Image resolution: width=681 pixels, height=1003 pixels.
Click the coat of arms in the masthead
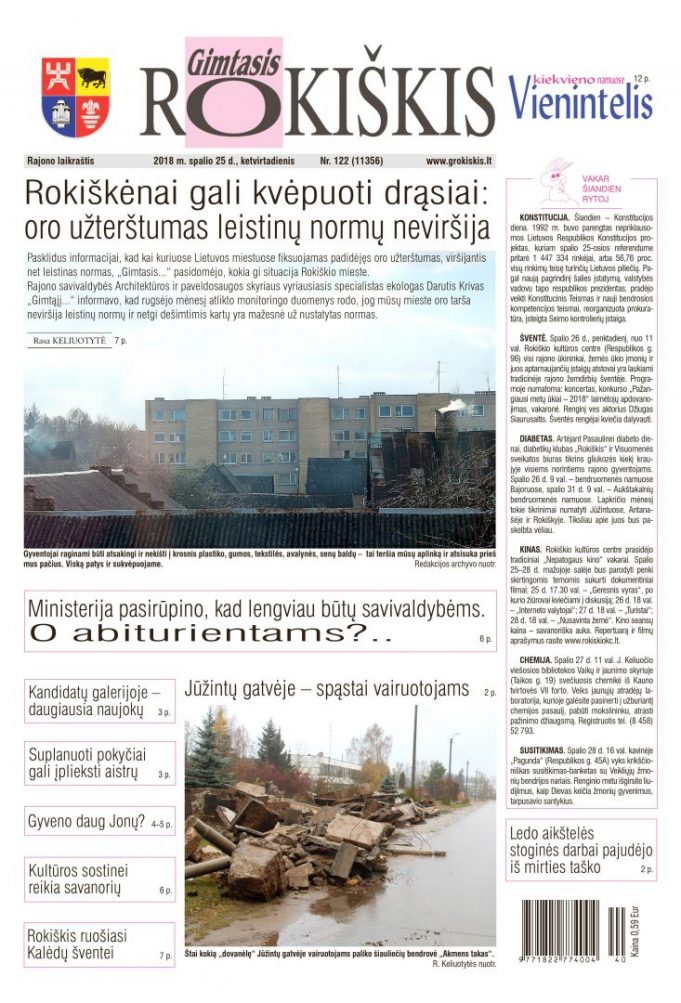click(76, 97)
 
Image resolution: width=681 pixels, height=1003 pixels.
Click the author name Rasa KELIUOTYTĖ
click(70, 341)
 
